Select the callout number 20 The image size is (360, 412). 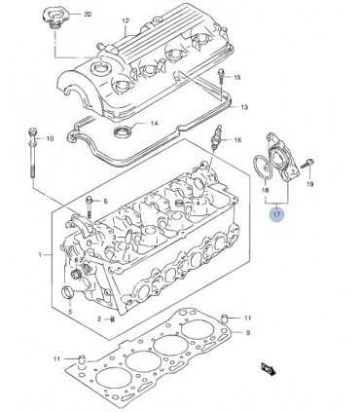coord(88,15)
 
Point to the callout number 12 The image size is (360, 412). coord(126,21)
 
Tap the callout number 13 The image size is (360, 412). coord(244,107)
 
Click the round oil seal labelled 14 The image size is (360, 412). coord(123,131)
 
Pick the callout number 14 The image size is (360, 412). coord(154,123)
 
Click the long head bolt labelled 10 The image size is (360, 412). coord(33,153)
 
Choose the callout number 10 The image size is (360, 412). coord(50,138)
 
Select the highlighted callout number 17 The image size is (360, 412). coord(276,214)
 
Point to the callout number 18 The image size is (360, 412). coord(266,191)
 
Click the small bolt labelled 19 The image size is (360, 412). coord(306,164)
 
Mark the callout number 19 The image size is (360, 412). coord(309,184)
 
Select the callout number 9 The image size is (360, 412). coord(247,332)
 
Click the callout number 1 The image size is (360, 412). coord(40,255)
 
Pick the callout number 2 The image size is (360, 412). coord(100,319)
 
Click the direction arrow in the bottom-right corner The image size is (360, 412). coord(269,369)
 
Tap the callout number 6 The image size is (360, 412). coord(105,202)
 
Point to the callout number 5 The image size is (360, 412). coord(70,313)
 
